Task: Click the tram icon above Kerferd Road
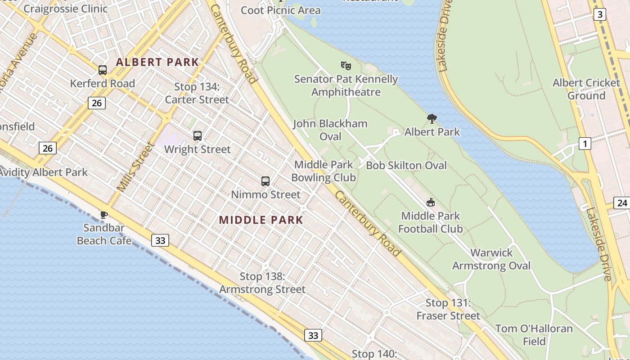click(x=103, y=70)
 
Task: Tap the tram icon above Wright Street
click(x=197, y=135)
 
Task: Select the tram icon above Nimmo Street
click(x=265, y=181)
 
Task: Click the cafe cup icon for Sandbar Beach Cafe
click(x=104, y=215)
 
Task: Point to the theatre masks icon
click(x=346, y=66)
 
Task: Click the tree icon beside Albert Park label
click(x=432, y=119)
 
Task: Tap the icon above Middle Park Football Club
click(x=431, y=202)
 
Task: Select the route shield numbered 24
click(x=622, y=203)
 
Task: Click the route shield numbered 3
click(x=599, y=15)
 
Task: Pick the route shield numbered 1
click(x=585, y=144)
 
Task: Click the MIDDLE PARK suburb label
click(x=261, y=220)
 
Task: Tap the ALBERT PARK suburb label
click(x=157, y=62)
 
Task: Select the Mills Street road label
click(x=135, y=166)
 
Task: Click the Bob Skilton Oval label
click(x=406, y=166)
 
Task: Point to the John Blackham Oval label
click(x=330, y=130)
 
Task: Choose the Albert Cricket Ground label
click(x=586, y=89)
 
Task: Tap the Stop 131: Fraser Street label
click(x=448, y=309)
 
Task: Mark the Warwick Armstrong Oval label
click(x=491, y=259)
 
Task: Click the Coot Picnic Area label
click(x=281, y=10)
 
